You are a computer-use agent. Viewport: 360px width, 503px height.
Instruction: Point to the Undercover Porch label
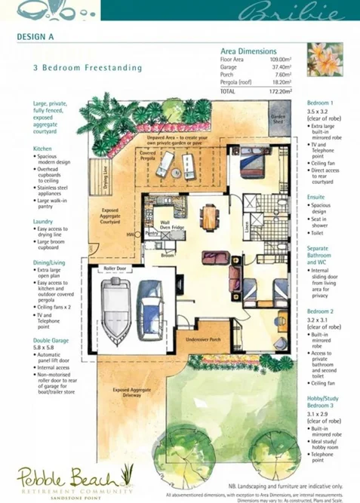click(x=204, y=340)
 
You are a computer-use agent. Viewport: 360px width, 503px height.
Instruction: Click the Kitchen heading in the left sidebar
click(x=43, y=149)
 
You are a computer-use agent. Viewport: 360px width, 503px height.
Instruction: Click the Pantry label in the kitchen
click(x=151, y=235)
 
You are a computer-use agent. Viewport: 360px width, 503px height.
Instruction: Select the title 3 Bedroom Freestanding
click(x=87, y=68)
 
